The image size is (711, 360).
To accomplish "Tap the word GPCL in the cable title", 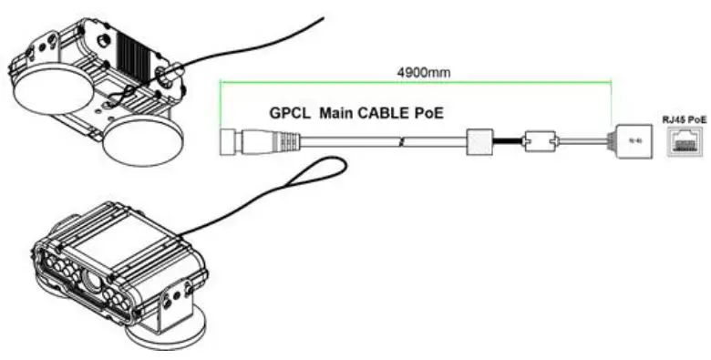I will point(292,115).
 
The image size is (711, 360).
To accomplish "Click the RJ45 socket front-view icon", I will point(682,142).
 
